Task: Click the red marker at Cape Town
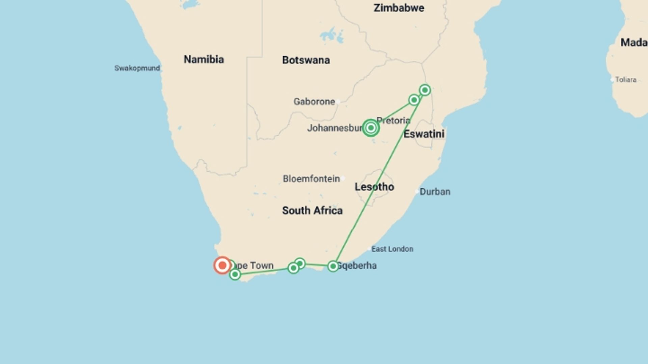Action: point(222,265)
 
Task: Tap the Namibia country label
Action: point(204,59)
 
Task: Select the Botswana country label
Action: point(306,60)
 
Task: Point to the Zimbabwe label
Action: point(399,8)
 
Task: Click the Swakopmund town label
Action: point(137,68)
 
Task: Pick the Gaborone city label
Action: point(314,101)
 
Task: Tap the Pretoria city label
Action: point(394,120)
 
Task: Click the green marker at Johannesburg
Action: point(371,128)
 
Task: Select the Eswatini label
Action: point(424,134)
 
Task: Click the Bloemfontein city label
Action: point(311,179)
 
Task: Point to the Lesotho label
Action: point(374,187)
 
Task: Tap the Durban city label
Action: point(435,192)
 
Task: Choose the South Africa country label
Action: point(312,211)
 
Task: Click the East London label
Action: point(392,249)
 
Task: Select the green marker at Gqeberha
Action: point(333,266)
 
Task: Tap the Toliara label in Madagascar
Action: point(625,80)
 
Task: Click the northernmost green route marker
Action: point(425,90)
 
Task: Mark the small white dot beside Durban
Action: point(417,191)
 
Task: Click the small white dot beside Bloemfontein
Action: point(343,178)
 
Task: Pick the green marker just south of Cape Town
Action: point(235,274)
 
